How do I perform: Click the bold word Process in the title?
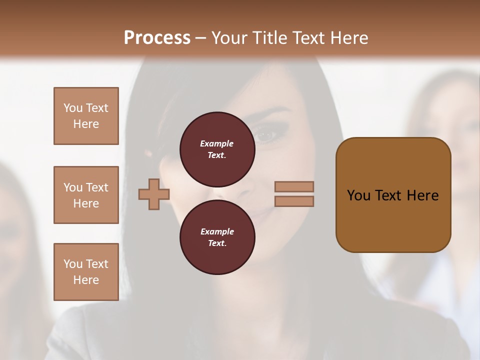point(157,38)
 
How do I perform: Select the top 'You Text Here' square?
point(86,116)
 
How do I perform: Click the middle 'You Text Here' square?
point(86,195)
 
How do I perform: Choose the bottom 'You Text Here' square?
point(86,272)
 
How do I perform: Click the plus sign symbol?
point(154,194)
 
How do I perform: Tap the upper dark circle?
point(217,149)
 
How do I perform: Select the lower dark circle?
point(217,237)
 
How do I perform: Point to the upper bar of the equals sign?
point(294,186)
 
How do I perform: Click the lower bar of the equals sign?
point(294,201)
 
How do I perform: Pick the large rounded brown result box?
point(393,195)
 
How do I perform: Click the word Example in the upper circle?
point(217,143)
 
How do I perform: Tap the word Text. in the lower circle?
point(217,243)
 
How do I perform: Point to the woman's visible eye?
point(265,134)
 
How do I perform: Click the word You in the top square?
point(73,108)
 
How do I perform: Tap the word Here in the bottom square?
point(86,280)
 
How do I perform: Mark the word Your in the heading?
point(230,38)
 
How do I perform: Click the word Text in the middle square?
point(97,187)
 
